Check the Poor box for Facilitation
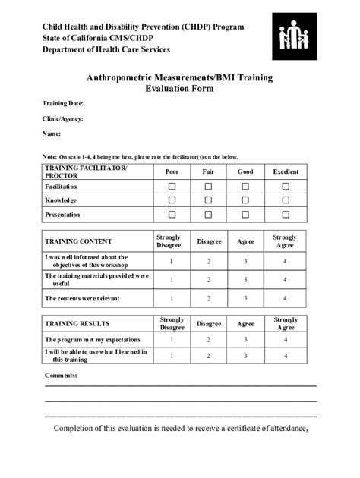point(172,187)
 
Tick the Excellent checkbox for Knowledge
point(286,200)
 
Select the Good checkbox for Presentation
point(245,215)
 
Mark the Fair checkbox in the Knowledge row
point(208,200)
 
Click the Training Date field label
point(62,103)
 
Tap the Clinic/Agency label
point(62,118)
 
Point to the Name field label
point(51,134)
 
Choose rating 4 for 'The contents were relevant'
point(285,299)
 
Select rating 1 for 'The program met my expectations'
point(172,340)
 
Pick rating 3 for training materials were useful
point(245,280)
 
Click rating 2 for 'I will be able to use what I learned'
point(209,356)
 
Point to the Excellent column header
point(286,171)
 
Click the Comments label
point(61,376)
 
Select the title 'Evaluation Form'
point(179,89)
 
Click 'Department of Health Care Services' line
point(106,50)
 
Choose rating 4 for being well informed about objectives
point(285,261)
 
